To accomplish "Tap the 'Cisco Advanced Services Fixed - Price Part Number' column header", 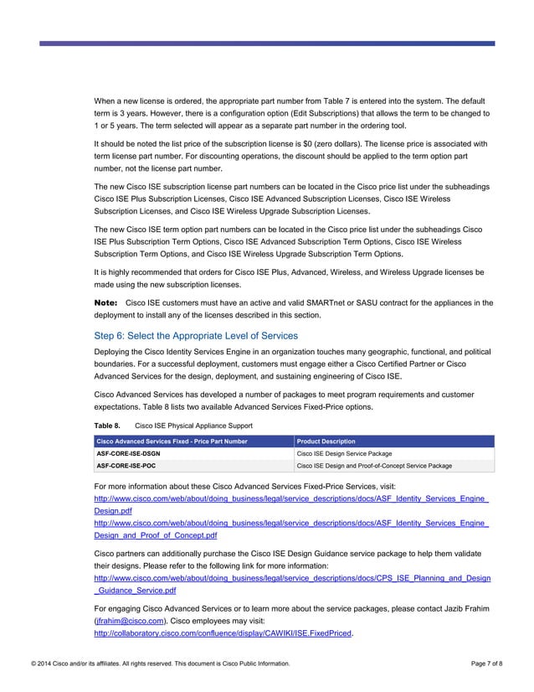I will click(172, 442).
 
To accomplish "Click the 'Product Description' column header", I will click(326, 442).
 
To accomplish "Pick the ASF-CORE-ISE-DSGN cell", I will click(128, 453).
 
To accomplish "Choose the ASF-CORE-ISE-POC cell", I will click(126, 465).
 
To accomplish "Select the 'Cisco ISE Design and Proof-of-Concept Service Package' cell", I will click(374, 465).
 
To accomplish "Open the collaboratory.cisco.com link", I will click(223, 633).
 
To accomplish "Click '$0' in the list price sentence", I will click(343, 143).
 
